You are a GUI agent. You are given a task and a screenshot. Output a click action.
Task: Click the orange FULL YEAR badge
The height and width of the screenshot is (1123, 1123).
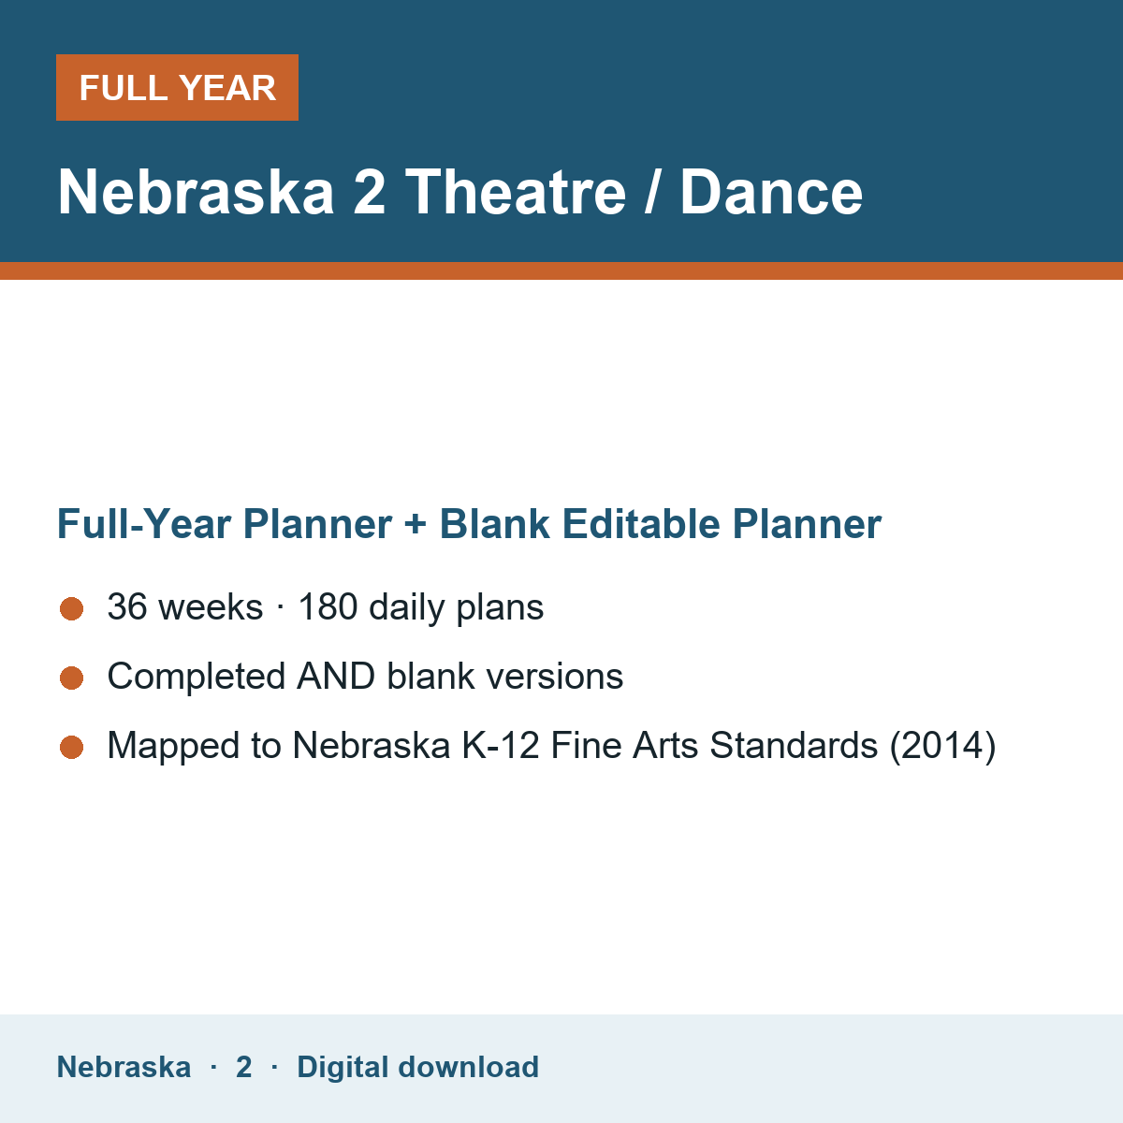click(177, 87)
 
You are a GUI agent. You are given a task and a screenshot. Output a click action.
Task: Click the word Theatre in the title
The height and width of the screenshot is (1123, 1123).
click(516, 192)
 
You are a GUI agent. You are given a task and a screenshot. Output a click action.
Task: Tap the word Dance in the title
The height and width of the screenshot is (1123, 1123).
click(771, 192)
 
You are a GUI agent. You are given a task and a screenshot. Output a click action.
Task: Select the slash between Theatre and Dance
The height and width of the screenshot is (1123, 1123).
click(652, 192)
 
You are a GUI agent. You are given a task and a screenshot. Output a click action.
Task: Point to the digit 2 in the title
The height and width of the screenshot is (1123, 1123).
click(370, 192)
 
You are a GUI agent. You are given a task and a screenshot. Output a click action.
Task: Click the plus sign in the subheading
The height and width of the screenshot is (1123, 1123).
click(416, 524)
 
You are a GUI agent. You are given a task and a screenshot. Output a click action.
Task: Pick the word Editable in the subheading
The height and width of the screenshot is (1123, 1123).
click(640, 523)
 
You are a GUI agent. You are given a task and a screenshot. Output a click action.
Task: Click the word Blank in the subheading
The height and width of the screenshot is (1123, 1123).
click(494, 523)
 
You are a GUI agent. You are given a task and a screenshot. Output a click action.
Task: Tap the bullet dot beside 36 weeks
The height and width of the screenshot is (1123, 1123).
click(72, 609)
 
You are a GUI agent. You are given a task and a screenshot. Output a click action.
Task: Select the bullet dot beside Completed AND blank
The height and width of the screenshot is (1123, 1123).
click(72, 678)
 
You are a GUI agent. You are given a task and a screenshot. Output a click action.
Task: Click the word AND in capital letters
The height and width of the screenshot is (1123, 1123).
click(336, 676)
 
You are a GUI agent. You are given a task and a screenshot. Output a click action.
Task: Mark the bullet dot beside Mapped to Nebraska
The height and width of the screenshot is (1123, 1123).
click(72, 747)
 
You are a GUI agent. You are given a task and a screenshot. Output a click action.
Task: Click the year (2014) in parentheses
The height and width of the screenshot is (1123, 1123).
click(943, 745)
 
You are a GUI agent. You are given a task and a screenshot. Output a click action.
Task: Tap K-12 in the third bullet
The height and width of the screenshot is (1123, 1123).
click(501, 745)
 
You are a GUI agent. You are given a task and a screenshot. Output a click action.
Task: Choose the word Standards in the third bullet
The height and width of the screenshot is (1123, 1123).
click(794, 745)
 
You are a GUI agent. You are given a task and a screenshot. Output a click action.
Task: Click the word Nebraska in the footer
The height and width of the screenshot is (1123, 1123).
click(124, 1067)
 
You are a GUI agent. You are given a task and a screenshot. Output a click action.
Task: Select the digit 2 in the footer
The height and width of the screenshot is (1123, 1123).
click(243, 1067)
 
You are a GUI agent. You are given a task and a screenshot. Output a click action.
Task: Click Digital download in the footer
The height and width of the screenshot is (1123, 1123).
click(417, 1067)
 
